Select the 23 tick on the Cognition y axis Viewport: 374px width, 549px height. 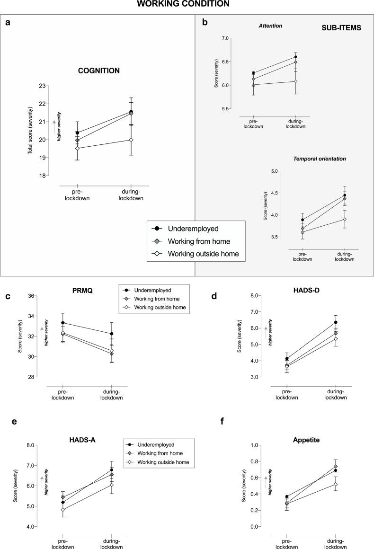pyautogui.click(x=44, y=86)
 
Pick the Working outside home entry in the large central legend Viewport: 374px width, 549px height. pyautogui.click(x=203, y=254)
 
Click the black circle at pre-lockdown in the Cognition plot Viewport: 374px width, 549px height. pyautogui.click(x=77, y=133)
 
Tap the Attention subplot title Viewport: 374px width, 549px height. pyautogui.click(x=270, y=26)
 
